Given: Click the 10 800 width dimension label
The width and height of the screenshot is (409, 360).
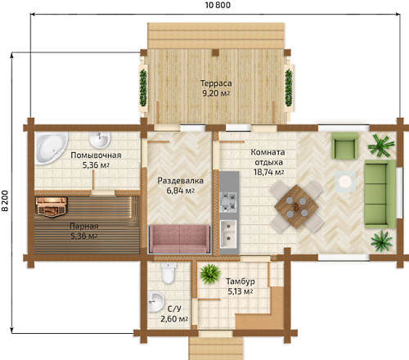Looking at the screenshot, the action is (218, 5).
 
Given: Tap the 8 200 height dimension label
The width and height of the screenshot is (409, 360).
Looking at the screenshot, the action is (6, 200).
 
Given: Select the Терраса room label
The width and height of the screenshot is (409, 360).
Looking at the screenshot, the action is (216, 83).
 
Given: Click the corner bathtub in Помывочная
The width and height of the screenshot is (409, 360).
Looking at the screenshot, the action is (51, 148).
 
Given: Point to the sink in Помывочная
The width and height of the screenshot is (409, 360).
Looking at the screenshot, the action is (100, 140).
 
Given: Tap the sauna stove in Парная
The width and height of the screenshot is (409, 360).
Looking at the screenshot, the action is (52, 207).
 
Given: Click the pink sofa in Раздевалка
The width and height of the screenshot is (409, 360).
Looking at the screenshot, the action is (179, 239).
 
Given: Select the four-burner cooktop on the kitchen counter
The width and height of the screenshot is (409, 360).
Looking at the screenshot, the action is (228, 202).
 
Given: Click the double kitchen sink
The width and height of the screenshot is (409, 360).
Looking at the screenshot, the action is (228, 235).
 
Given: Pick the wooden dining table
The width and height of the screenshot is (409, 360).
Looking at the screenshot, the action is (296, 207).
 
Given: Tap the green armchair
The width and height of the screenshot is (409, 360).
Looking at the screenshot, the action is (344, 146).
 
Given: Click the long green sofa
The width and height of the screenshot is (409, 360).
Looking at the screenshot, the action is (380, 194).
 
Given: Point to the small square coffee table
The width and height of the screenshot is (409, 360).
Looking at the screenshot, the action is (345, 181).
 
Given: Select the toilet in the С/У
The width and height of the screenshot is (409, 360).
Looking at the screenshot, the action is (168, 273).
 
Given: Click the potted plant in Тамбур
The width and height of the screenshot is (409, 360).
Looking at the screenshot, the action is (210, 274).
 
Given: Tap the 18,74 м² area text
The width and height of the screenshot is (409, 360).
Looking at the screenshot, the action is (269, 173).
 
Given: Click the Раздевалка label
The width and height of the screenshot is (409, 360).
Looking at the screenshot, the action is (181, 181).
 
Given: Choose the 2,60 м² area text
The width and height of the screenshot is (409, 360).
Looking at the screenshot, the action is (174, 318).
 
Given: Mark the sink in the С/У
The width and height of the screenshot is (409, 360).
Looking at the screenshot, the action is (156, 302).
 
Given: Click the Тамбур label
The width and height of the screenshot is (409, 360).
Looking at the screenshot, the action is (240, 281).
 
